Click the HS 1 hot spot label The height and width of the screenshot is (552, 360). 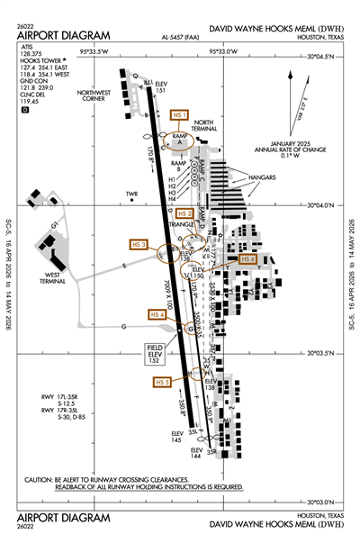(179, 115)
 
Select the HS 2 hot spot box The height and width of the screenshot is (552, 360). (184, 213)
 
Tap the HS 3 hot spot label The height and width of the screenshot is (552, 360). (139, 244)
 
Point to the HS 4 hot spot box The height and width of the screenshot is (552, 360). (157, 314)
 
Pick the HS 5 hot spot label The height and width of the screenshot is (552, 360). (162, 382)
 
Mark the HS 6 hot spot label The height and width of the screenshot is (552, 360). (249, 258)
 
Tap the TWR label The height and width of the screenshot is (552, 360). (133, 194)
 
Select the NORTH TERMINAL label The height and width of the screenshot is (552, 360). (204, 126)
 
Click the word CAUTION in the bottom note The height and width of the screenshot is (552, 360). (40, 479)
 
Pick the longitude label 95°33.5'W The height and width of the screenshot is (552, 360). (95, 52)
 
